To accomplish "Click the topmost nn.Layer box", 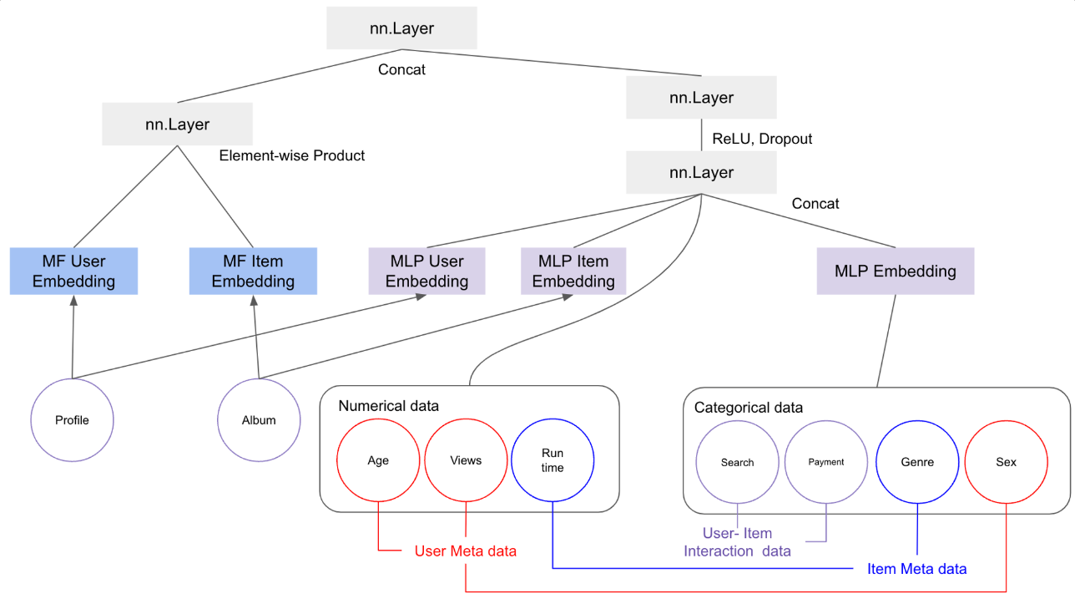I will click(401, 29).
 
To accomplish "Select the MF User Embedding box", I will click(73, 271).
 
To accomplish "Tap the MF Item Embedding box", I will click(253, 271).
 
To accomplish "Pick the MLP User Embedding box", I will click(426, 271).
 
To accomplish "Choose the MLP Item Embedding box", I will click(573, 271).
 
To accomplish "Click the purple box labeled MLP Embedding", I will click(896, 271).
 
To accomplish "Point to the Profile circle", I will click(72, 420).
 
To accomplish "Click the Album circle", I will click(259, 420).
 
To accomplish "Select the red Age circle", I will click(378, 460).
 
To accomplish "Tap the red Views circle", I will click(466, 460).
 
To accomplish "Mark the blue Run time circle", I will click(553, 461).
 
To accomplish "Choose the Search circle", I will click(738, 462).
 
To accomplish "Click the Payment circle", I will click(826, 462).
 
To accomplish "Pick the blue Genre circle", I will click(917, 462).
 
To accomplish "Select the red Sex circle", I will click(1007, 462).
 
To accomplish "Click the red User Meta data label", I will click(466, 551).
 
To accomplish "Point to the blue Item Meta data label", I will click(916, 569).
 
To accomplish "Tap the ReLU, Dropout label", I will click(762, 139).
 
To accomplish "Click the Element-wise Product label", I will click(292, 155).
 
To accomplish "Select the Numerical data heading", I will click(388, 406).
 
